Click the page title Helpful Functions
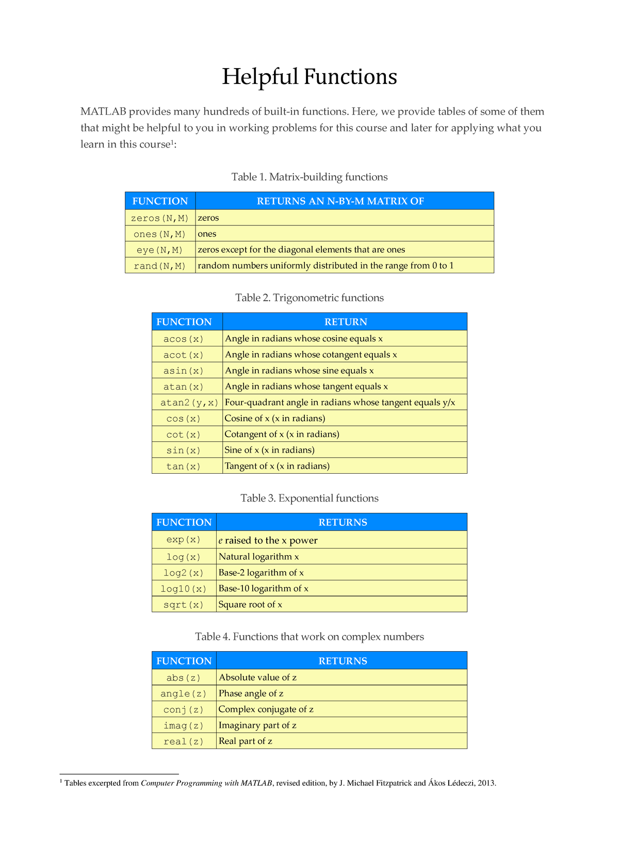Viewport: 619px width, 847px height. click(309, 77)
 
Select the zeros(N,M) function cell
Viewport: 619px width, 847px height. click(160, 218)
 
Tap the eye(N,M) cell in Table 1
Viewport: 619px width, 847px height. click(160, 250)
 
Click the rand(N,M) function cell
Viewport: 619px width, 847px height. click(160, 266)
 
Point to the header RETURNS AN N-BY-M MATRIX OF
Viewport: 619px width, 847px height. click(340, 201)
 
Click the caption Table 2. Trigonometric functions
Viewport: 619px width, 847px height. click(309, 298)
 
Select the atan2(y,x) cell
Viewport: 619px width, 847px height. click(187, 403)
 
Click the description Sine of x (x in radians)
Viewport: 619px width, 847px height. click(270, 450)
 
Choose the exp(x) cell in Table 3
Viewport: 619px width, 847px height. click(184, 540)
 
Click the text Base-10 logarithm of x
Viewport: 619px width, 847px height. click(264, 589)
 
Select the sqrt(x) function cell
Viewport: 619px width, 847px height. click(184, 605)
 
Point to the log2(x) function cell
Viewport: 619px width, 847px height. click(184, 573)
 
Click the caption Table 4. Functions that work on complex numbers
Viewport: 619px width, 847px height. click(309, 637)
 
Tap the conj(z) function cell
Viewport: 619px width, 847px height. click(184, 710)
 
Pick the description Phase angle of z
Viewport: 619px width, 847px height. click(251, 694)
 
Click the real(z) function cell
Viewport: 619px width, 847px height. click(184, 742)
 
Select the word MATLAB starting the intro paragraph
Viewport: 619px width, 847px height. click(103, 112)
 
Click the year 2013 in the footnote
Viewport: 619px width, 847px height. click(486, 784)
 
